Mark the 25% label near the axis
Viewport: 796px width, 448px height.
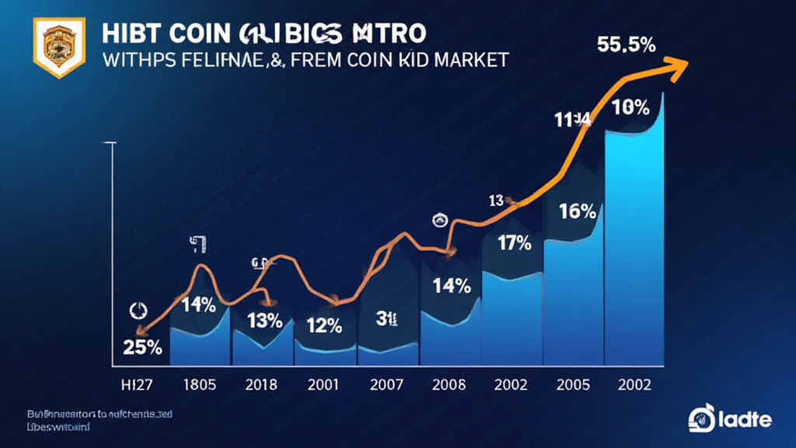click(x=142, y=348)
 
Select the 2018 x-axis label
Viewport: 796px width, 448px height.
click(x=261, y=385)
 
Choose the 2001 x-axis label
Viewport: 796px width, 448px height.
click(x=323, y=385)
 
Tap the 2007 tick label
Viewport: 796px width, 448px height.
click(x=386, y=385)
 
